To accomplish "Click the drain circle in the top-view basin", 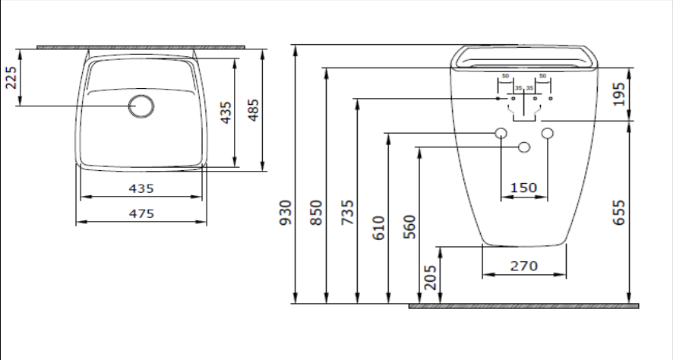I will [x=141, y=106].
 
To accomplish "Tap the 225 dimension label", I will [x=11, y=76].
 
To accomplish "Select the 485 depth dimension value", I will [x=254, y=111].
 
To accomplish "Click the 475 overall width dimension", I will [x=141, y=213].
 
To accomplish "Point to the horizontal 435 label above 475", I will [x=141, y=188].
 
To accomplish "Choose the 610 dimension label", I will [x=379, y=227].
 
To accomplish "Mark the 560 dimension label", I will [x=410, y=227].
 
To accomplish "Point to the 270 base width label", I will [x=524, y=266].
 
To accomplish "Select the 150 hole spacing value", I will [x=523, y=188].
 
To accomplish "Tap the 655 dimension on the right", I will [x=620, y=213].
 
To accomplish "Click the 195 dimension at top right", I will [x=620, y=94].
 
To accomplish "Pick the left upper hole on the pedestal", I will [x=501, y=134].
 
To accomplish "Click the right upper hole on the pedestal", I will [x=547, y=134].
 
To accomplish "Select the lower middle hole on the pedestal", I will [x=523, y=147].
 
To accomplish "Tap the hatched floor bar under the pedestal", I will [x=523, y=306].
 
